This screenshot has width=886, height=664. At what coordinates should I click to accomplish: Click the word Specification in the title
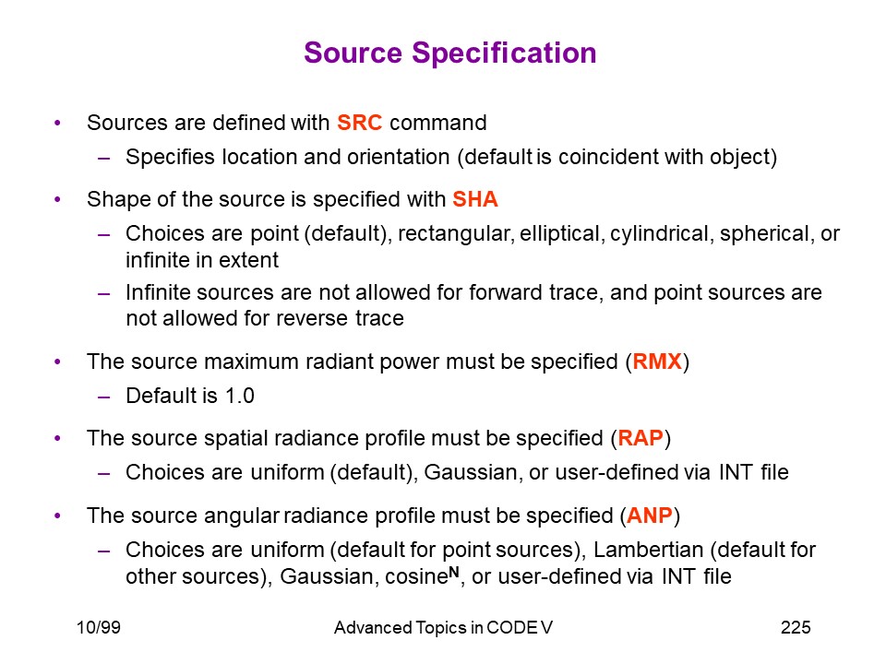[x=504, y=54]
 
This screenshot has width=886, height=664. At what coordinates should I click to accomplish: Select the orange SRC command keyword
[x=360, y=123]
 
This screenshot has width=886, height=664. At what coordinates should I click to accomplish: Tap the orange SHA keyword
[x=475, y=199]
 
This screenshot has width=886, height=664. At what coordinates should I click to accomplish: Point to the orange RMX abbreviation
[x=657, y=362]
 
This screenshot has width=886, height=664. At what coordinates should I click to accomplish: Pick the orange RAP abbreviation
[x=641, y=438]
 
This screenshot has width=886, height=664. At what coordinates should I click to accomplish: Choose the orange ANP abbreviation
[x=650, y=516]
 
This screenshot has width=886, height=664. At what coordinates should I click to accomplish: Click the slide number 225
[x=796, y=627]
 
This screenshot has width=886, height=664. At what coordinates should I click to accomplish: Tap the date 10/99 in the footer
[x=99, y=627]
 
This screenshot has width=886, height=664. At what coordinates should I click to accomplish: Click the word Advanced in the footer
[x=373, y=628]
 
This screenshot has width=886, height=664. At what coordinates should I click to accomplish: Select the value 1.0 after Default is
[x=240, y=396]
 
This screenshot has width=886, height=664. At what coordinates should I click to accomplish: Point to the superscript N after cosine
[x=454, y=572]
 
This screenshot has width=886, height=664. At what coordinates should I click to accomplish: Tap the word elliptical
[x=559, y=234]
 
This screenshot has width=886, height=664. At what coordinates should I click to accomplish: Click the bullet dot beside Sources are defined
[x=57, y=123]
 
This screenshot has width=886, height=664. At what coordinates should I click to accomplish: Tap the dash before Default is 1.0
[x=104, y=397]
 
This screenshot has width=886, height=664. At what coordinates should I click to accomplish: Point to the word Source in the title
[x=353, y=53]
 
